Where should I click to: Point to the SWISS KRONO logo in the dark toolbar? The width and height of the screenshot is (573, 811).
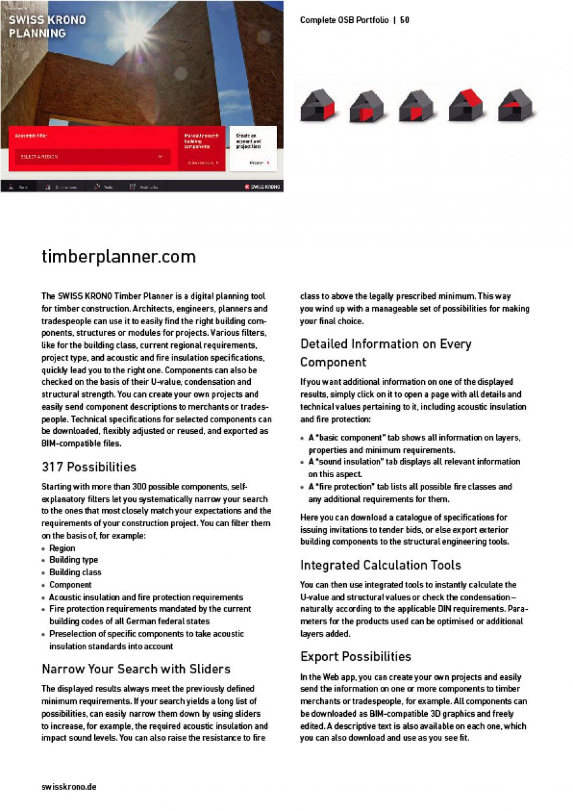[262, 187]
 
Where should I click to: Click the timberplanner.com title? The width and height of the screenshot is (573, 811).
[118, 257]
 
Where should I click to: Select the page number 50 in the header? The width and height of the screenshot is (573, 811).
[405, 20]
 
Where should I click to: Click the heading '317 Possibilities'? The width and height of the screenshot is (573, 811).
[88, 466]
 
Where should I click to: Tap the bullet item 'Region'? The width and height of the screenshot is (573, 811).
[62, 548]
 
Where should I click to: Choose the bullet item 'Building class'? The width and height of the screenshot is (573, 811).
[75, 572]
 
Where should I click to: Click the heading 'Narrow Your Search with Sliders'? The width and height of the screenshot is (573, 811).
[136, 669]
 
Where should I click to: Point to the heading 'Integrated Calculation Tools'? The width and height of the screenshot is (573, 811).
[380, 565]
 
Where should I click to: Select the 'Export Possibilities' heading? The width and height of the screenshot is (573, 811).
[355, 656]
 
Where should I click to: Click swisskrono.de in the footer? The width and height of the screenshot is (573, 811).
[69, 787]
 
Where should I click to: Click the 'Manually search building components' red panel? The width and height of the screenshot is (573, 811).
[202, 148]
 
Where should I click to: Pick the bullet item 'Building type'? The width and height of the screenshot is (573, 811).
[74, 560]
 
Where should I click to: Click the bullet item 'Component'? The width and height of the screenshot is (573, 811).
[71, 584]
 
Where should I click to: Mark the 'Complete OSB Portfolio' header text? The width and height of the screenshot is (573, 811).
[344, 20]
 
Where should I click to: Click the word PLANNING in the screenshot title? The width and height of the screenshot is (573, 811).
[37, 33]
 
